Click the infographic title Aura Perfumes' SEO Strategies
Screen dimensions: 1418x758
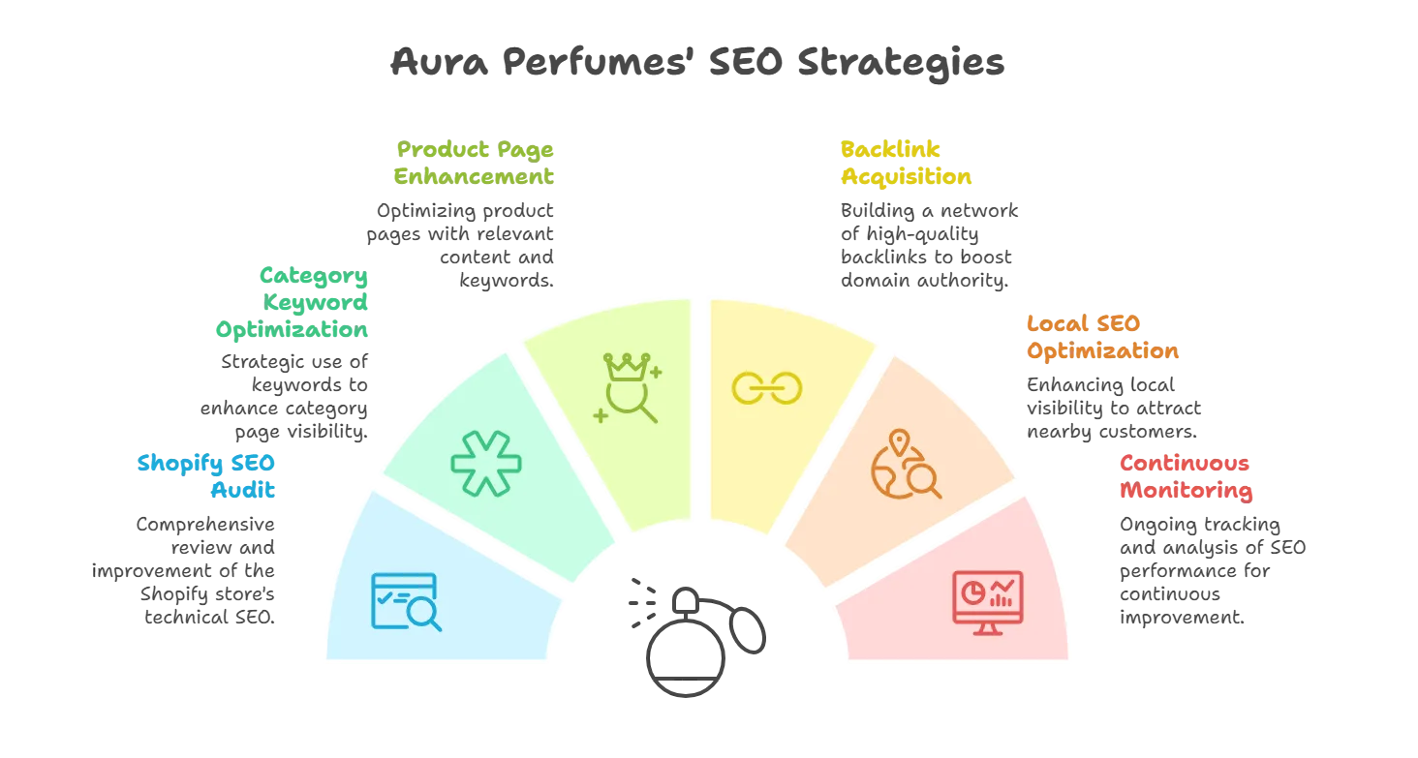pos(697,62)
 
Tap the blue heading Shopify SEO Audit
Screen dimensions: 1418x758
pos(206,476)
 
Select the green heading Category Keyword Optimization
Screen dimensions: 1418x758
pos(292,302)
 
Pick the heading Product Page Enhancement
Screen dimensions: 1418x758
pos(474,163)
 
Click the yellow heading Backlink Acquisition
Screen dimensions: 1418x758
pos(906,163)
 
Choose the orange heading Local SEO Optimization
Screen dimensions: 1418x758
pos(1103,337)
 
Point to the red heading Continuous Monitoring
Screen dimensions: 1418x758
pos(1187,476)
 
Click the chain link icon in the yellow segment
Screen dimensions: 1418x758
pos(766,388)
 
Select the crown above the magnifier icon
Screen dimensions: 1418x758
pos(627,366)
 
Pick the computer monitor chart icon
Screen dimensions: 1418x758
pos(988,602)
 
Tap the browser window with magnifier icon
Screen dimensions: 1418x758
pos(406,601)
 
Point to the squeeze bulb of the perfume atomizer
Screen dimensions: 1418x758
pos(748,629)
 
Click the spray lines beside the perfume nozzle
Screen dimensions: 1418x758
pos(642,603)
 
